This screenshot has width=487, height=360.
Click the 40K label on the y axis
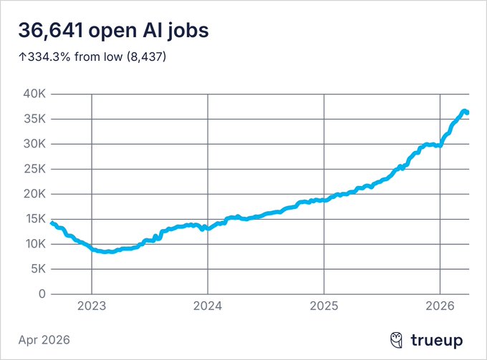coord(34,94)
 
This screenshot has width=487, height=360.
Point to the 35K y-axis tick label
coord(34,119)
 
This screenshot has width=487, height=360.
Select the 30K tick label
coord(34,144)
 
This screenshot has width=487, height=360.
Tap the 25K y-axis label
coord(34,169)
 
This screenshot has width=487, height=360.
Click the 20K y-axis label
coord(34,194)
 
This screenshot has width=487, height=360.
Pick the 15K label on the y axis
coord(34,219)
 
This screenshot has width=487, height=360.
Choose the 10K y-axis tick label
coord(34,244)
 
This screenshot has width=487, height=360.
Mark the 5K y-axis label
coord(37,269)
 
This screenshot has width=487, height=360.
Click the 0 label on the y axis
coord(42,294)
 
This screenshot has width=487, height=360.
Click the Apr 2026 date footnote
coord(45,339)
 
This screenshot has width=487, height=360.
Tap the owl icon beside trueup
coord(396,339)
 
